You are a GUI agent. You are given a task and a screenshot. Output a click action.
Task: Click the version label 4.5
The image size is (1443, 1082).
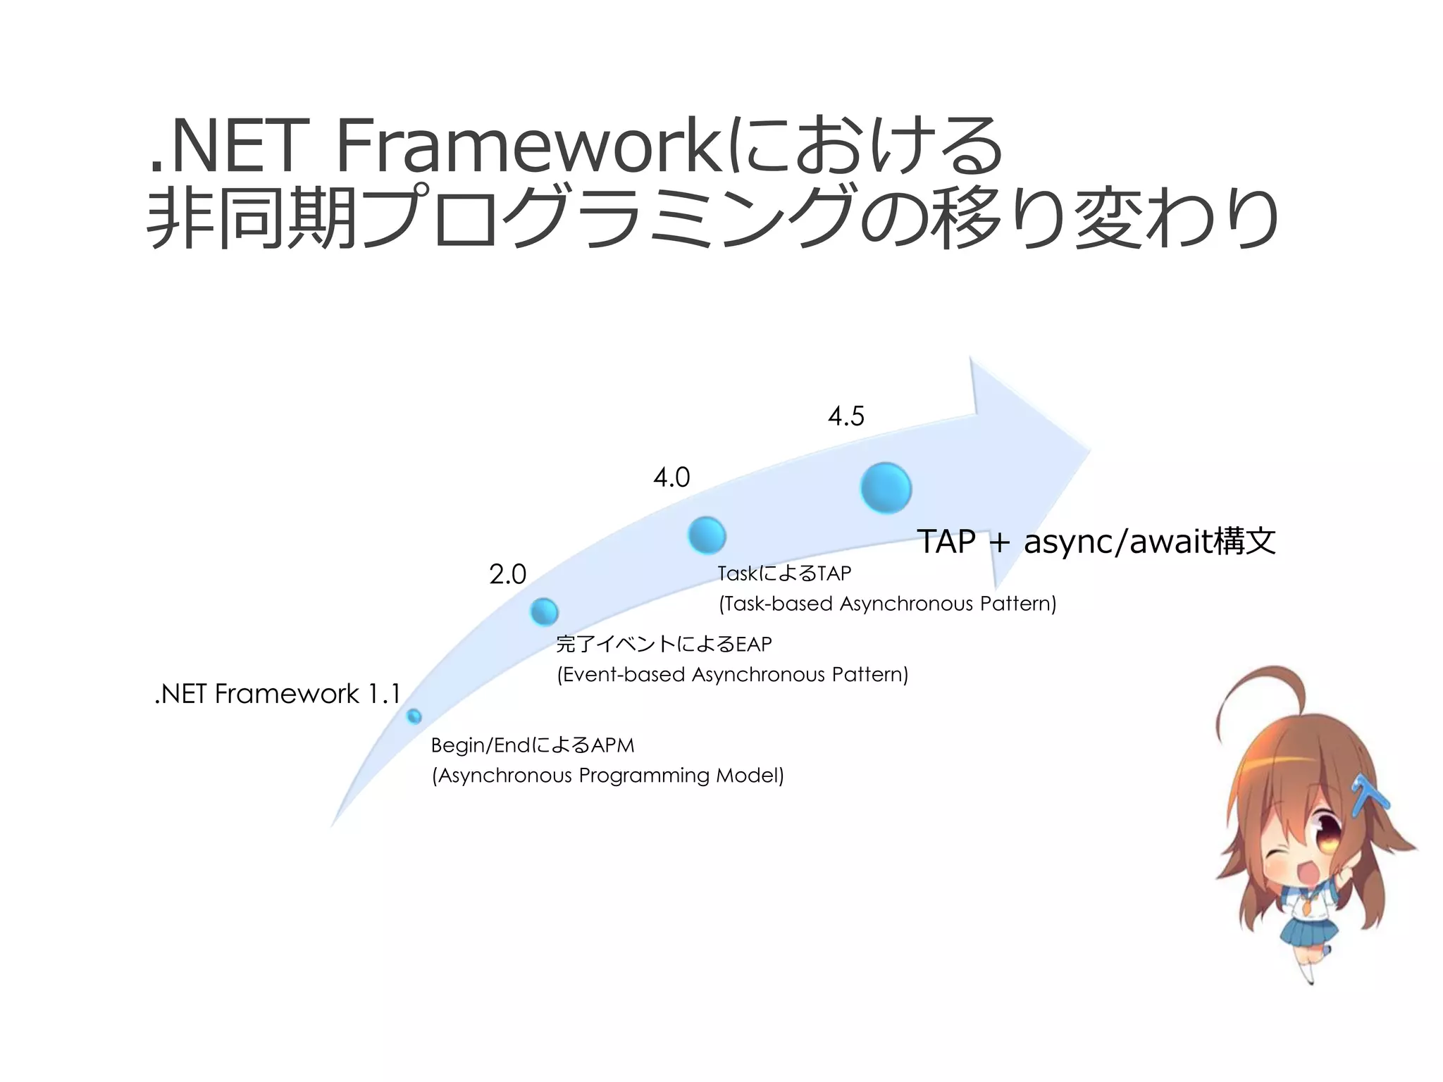[x=846, y=416]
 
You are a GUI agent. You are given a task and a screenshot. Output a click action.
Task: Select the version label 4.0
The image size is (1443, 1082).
[x=671, y=478]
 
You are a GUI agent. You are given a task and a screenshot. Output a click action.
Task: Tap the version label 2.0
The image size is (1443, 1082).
[x=507, y=575]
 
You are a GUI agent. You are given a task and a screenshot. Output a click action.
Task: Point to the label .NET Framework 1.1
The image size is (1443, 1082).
[x=277, y=694]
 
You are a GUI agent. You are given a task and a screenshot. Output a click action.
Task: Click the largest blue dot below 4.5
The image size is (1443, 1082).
[x=886, y=487]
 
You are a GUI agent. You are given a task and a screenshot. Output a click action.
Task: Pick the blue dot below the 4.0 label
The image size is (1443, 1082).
[x=707, y=535]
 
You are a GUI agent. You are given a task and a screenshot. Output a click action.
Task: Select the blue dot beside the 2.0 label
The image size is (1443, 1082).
[x=544, y=611]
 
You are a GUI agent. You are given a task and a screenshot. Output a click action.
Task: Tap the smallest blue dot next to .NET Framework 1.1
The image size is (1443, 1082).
[x=414, y=716]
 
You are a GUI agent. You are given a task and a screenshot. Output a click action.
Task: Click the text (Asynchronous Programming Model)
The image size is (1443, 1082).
[x=607, y=776]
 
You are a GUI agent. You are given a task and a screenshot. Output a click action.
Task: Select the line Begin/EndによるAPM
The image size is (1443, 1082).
[x=533, y=745]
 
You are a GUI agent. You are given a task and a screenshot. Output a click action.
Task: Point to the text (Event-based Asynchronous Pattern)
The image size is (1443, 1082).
[x=733, y=675]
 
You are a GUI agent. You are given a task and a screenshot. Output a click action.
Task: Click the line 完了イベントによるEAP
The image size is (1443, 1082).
[x=664, y=644]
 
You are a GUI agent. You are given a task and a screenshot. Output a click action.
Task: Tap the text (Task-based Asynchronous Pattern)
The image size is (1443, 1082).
[x=887, y=604]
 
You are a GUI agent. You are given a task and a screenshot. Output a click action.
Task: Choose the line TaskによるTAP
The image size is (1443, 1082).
[x=784, y=573]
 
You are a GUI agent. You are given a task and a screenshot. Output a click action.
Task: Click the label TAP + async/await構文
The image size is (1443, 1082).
[x=1096, y=542]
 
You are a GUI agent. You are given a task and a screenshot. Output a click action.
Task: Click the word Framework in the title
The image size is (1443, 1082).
[x=528, y=147]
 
